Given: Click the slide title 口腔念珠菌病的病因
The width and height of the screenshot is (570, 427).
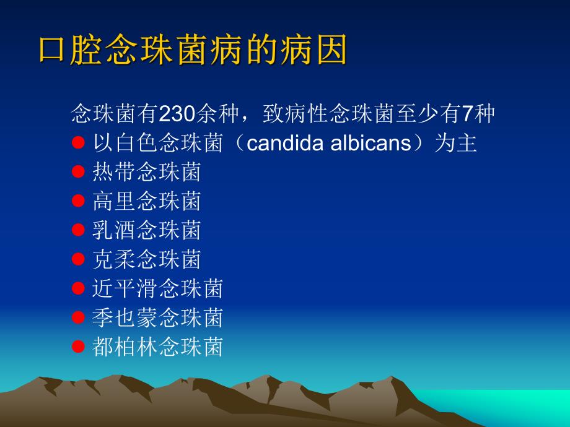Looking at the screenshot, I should coord(193,50).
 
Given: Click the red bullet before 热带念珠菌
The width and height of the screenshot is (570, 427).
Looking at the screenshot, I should coord(78,172).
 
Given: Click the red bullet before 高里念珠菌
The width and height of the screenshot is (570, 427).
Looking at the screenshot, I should coord(78,201).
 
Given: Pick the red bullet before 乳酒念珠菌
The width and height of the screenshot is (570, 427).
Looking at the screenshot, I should coord(78,230).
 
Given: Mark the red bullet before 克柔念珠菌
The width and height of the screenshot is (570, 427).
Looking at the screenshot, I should coord(78,259).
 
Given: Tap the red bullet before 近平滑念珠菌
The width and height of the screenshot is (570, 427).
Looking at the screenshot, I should coord(78,288).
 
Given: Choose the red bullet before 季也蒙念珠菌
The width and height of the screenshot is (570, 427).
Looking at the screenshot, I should coord(78,317).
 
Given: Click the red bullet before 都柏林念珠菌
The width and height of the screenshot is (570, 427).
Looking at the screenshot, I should coord(78,347).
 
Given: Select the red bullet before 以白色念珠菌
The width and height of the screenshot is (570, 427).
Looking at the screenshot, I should coord(78,144).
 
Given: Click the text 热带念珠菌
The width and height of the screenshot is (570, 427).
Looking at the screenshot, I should coord(146,172).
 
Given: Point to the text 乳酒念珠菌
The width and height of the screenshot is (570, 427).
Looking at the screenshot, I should coord(146,230).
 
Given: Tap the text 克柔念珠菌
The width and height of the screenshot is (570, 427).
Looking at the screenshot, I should coord(146,259).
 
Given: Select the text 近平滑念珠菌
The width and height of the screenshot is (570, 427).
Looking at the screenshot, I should coord(157,288).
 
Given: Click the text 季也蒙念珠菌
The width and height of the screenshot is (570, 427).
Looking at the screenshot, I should coord(157,317).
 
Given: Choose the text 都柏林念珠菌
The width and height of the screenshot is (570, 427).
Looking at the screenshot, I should coord(157,347).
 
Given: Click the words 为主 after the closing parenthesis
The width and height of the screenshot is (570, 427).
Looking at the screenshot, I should coord(455,144).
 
